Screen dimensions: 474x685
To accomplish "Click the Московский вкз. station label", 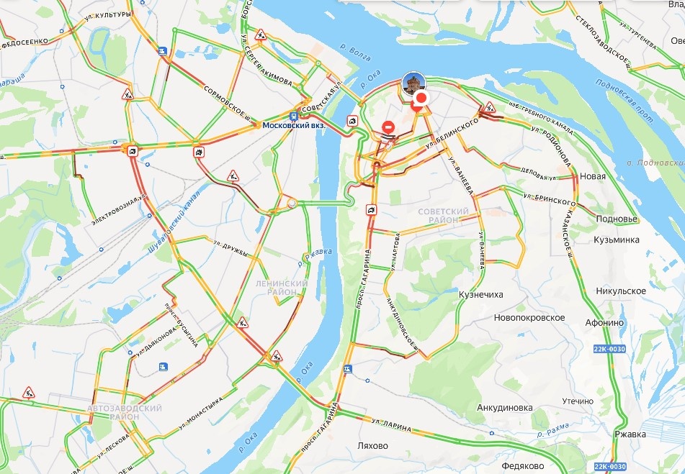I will (293, 124).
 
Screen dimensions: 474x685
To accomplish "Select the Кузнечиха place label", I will (480, 294).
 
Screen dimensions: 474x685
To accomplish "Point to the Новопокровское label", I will (529, 317).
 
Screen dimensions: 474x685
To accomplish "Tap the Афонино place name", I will (604, 322).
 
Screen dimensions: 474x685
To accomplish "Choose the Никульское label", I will (621, 291).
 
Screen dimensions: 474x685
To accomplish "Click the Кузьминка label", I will (617, 239).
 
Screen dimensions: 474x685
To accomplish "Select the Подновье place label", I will (617, 219).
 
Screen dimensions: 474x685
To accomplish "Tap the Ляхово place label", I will (372, 445).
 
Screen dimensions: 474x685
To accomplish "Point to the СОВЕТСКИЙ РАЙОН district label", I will (442, 215).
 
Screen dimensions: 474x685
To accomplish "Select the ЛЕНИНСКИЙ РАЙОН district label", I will (282, 288).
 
